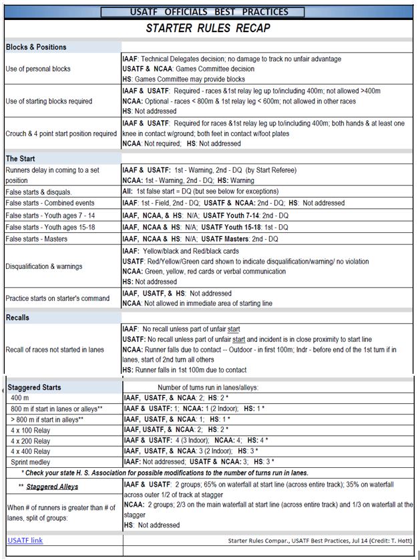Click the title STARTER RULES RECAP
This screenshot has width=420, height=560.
[208, 29]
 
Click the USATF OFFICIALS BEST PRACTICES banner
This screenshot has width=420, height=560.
[208, 11]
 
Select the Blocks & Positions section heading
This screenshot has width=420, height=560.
[36, 47]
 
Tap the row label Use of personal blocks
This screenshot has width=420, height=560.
[38, 69]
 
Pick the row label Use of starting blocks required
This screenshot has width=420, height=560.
[49, 101]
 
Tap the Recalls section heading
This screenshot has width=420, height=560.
[18, 318]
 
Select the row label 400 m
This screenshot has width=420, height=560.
[21, 397]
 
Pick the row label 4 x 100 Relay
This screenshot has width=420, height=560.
[31, 430]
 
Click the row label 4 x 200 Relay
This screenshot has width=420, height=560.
[31, 441]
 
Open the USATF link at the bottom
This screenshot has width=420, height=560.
[25, 540]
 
